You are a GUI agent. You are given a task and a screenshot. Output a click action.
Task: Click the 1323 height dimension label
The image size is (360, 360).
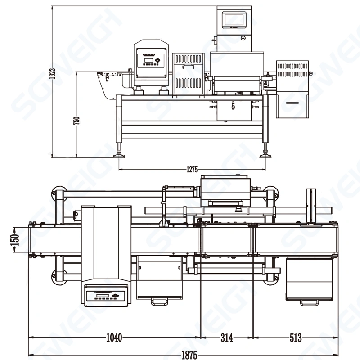point(52,74)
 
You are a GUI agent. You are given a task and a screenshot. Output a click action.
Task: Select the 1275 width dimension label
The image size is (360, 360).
point(192,170)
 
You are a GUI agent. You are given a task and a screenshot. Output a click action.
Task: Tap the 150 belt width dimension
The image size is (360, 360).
point(15,239)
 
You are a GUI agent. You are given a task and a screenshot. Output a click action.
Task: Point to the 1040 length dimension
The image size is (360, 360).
point(114,337)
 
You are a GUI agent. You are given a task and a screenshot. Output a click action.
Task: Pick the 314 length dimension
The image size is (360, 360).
point(227,337)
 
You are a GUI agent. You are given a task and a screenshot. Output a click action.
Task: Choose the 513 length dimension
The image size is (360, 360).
point(296,337)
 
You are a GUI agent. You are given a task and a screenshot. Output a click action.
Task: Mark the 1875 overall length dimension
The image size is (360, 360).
point(189,355)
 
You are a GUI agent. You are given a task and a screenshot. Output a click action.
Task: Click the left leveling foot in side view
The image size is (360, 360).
point(120,154)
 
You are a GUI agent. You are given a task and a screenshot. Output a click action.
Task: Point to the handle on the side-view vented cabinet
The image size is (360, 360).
point(188,66)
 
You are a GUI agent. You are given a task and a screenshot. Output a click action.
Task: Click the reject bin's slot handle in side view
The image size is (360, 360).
point(293,103)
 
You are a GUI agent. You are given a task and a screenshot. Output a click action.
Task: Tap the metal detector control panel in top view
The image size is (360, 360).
point(105,295)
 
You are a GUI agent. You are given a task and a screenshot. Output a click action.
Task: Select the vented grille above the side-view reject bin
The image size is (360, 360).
point(292,70)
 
